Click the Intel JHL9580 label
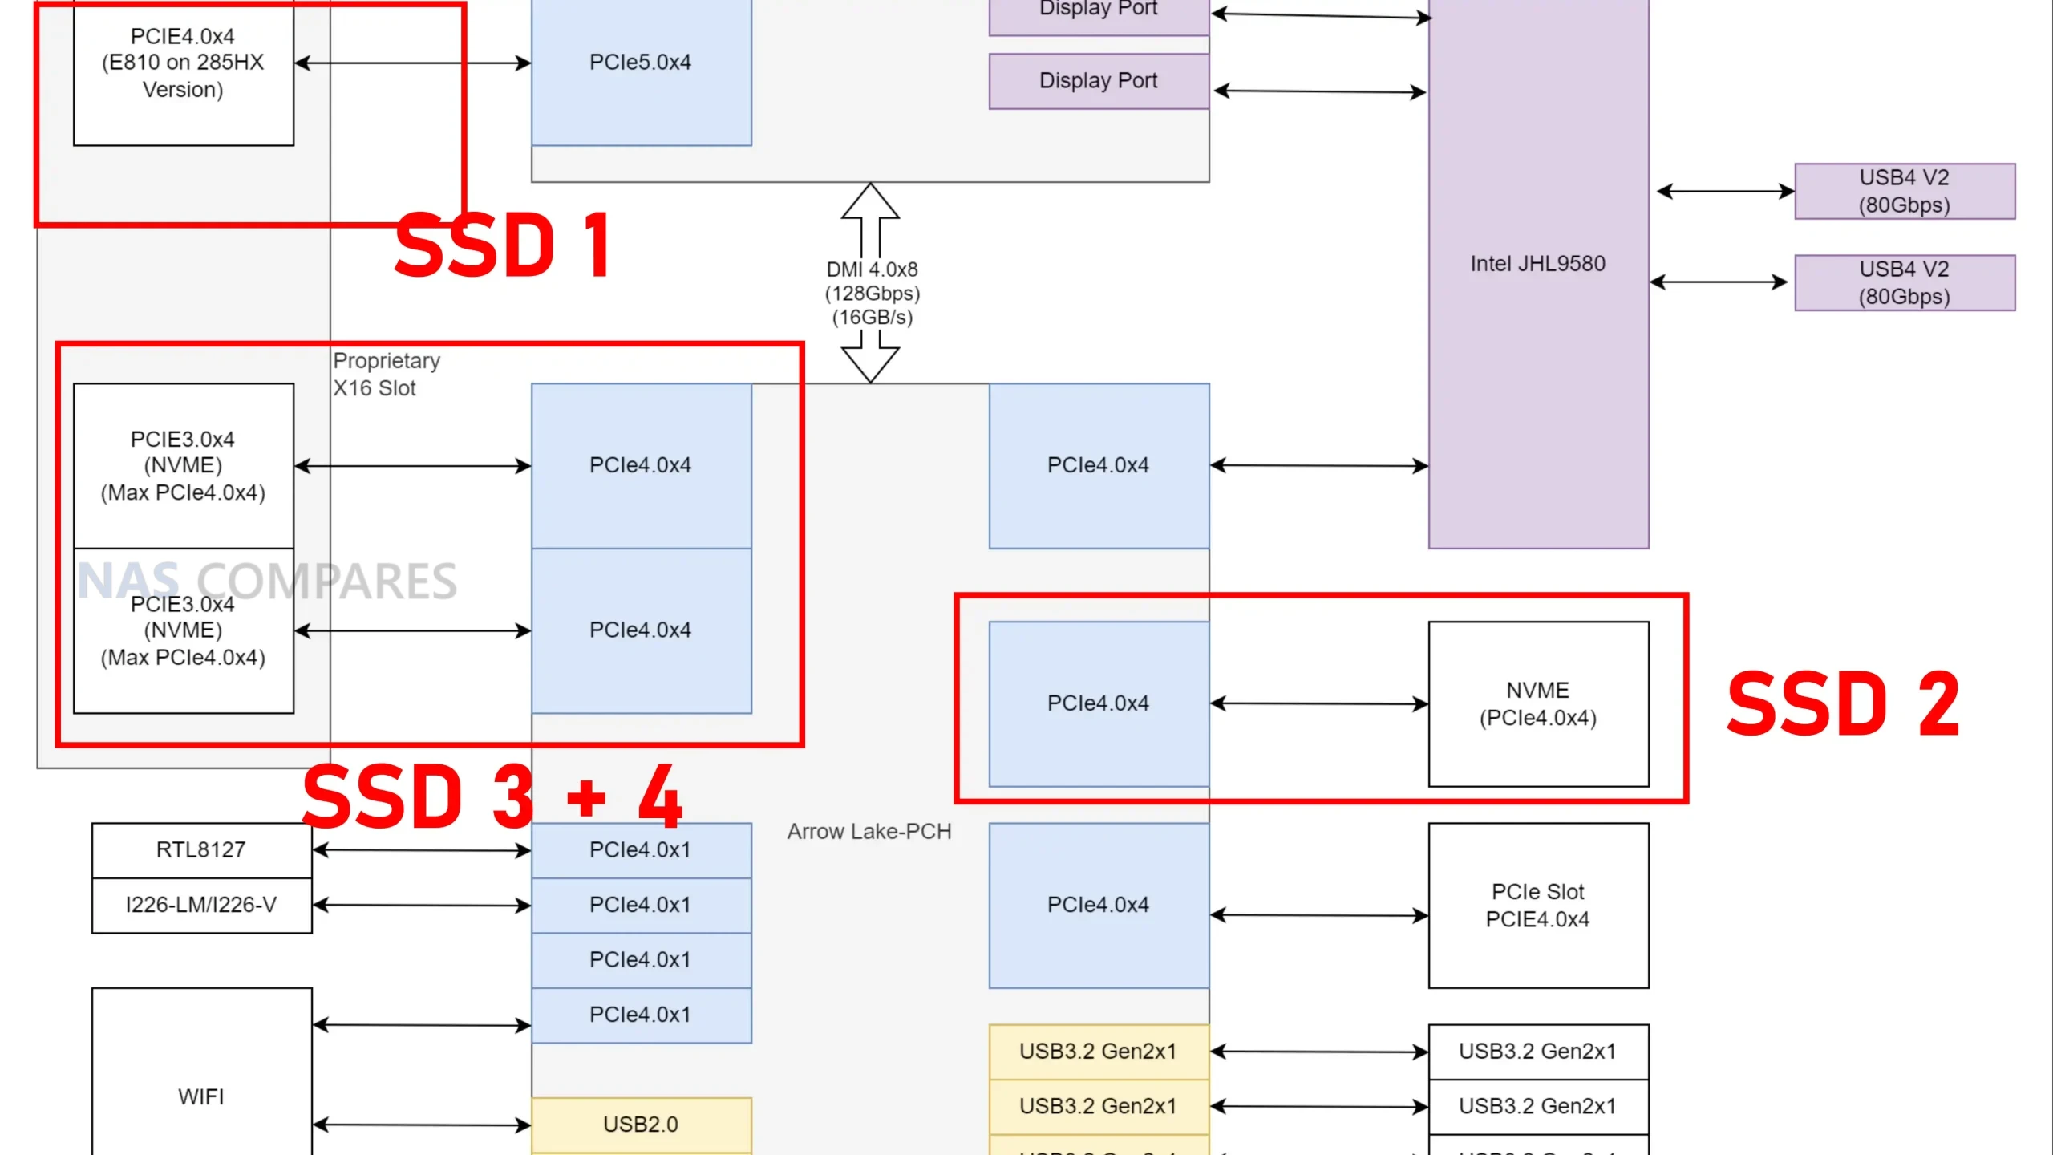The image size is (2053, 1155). tap(1537, 264)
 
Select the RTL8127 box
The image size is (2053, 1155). tap(201, 850)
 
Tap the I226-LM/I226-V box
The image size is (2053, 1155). tap(201, 906)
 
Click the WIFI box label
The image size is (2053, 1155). tap(201, 1096)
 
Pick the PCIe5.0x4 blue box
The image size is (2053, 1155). tap(641, 63)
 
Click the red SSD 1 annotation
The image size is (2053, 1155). tap(504, 245)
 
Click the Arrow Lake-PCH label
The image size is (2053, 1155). tap(869, 832)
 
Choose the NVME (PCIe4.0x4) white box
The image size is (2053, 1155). tap(1538, 703)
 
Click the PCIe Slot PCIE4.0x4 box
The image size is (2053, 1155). tap(1538, 906)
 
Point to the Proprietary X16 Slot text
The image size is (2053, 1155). tap(387, 375)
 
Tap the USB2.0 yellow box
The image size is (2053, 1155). tap(641, 1125)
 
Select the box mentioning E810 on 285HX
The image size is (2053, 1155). tap(183, 63)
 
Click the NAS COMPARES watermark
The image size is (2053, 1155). tap(267, 581)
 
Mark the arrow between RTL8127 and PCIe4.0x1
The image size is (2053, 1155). tap(422, 850)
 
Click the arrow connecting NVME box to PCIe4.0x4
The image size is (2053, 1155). tap(1319, 703)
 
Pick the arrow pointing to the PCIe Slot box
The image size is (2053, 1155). tap(1319, 915)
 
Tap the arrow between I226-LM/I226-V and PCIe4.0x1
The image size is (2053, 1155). tap(422, 906)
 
